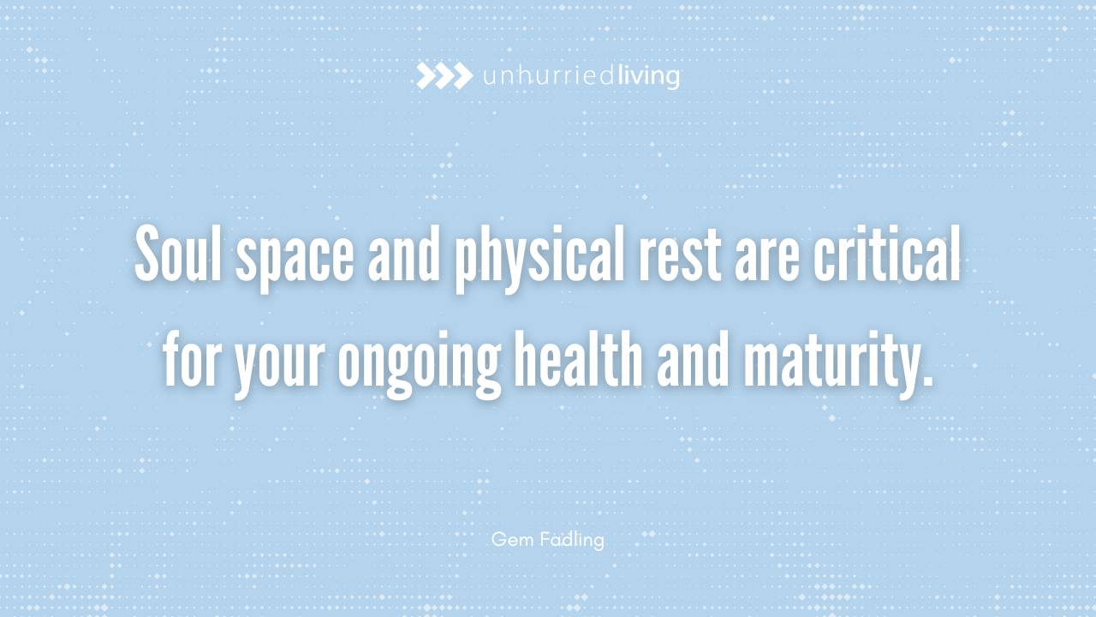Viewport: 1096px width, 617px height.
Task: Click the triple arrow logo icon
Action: [x=444, y=76]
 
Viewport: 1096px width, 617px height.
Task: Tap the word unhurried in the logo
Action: [x=548, y=77]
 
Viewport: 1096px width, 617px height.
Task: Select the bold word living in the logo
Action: [x=648, y=77]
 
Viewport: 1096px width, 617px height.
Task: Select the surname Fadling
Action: [x=572, y=540]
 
